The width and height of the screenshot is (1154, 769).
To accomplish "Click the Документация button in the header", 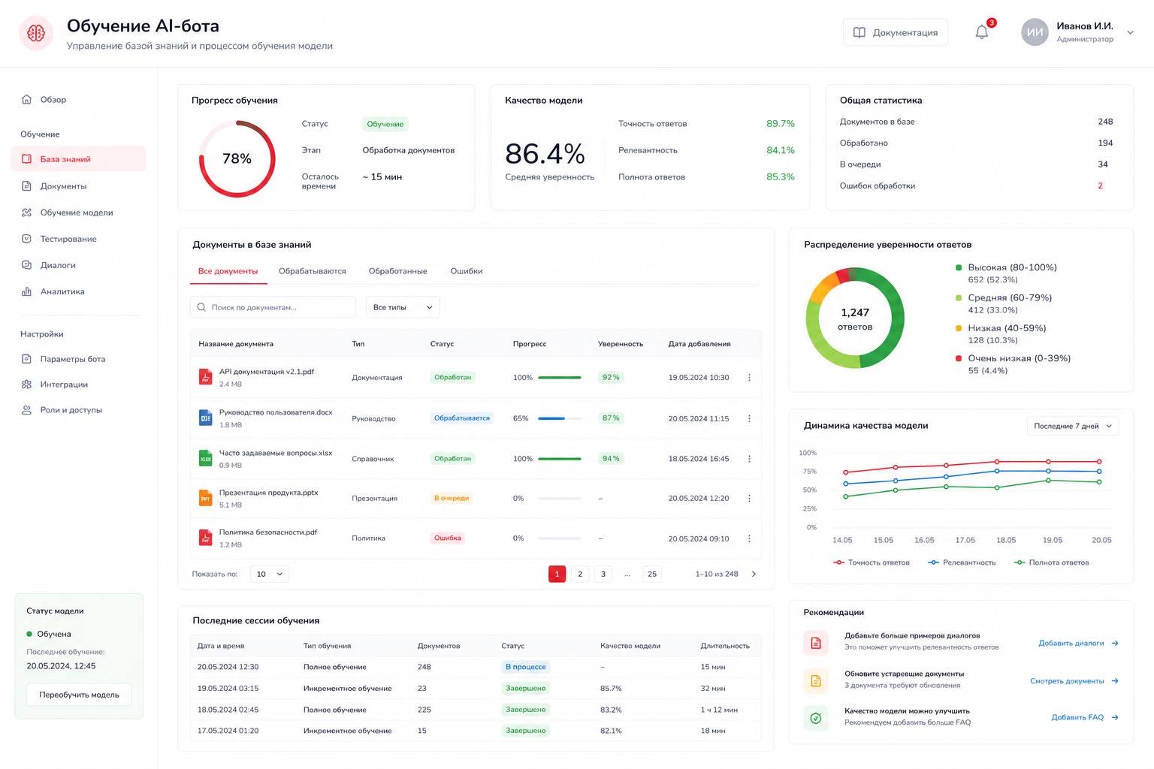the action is click(x=896, y=32).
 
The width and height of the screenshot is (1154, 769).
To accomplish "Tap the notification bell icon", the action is click(x=982, y=32).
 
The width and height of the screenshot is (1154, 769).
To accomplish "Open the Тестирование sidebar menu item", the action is click(x=68, y=239).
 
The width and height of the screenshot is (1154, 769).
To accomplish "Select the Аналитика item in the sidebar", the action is click(x=62, y=291).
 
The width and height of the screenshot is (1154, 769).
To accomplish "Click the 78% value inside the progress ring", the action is click(x=237, y=158).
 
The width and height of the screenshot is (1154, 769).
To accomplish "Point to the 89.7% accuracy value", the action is click(x=780, y=124).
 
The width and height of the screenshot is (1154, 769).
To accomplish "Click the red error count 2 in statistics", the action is click(x=1101, y=186).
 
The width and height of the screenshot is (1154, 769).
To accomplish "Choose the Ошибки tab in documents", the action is click(x=467, y=271).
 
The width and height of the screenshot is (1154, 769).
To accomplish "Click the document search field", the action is click(x=273, y=307).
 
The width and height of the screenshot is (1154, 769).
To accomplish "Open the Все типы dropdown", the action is click(x=403, y=307).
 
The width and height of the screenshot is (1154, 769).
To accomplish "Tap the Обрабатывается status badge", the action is click(x=461, y=418).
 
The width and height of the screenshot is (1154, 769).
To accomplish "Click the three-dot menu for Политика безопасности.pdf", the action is click(x=749, y=538).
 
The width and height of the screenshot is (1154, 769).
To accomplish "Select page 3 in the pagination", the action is click(x=603, y=574).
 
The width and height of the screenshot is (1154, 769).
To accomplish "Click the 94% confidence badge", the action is click(x=611, y=458).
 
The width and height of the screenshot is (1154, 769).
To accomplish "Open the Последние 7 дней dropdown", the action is click(x=1073, y=426).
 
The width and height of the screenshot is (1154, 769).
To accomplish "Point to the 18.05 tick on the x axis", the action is click(x=1006, y=540).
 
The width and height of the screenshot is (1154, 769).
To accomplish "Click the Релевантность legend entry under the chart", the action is click(x=962, y=562).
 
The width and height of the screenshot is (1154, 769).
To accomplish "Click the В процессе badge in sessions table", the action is click(x=525, y=667).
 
